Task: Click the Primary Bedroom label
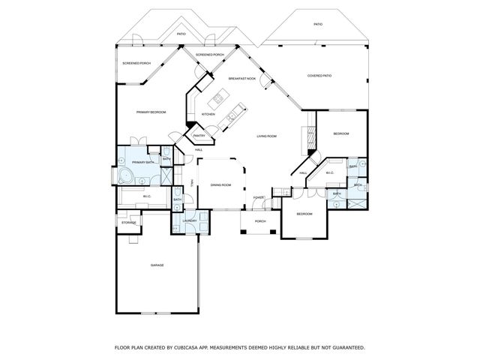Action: pyautogui.click(x=151, y=112)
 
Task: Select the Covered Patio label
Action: pyautogui.click(x=319, y=76)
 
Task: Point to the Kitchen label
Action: pyautogui.click(x=208, y=115)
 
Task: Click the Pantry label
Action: pyautogui.click(x=199, y=136)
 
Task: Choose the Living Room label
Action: pyautogui.click(x=267, y=136)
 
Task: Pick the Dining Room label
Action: pyautogui.click(x=220, y=184)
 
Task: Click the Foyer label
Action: pyautogui.click(x=258, y=197)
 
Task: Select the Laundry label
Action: pyautogui.click(x=190, y=220)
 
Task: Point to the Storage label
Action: pyautogui.click(x=129, y=223)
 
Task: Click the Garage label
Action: pyautogui.click(x=157, y=265)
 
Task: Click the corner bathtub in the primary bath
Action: pyautogui.click(x=124, y=176)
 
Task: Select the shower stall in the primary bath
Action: pyautogui.click(x=166, y=177)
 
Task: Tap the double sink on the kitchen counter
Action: pyautogui.click(x=232, y=115)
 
